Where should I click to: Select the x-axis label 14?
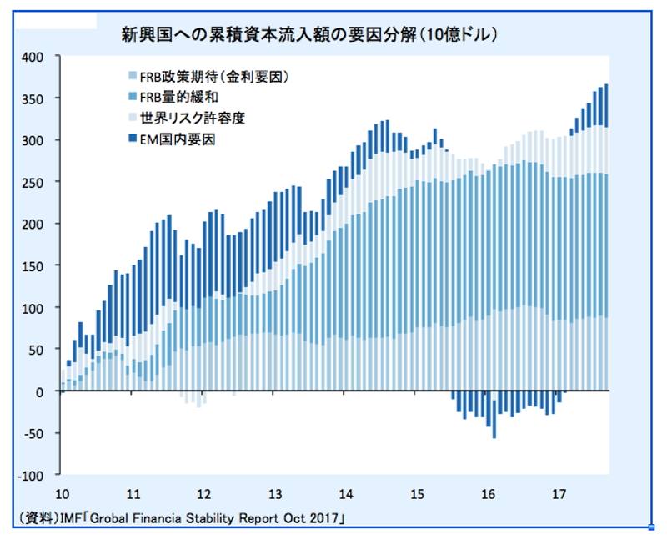(345, 492)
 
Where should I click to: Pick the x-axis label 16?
(489, 492)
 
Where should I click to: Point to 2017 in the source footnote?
(328, 517)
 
